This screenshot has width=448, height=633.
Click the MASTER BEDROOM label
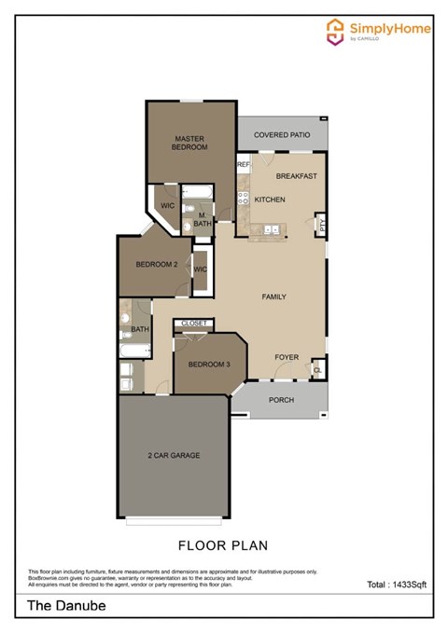coord(189,143)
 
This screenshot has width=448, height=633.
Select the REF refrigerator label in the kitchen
coord(243,165)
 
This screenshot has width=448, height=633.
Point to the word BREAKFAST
coord(298,176)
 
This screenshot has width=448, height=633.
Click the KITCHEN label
coord(270,200)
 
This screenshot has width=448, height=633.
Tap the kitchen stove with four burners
coord(242,199)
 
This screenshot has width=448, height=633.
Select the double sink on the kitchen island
coord(272,227)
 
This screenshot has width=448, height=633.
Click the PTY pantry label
coord(322,224)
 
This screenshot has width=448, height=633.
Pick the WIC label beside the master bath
coord(169,205)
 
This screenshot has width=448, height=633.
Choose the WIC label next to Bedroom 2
coord(201,269)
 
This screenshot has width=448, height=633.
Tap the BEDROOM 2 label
coord(157,265)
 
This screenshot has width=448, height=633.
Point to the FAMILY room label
coord(273,296)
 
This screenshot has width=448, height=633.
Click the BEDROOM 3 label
coord(208,364)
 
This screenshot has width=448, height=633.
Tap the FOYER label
coord(287,357)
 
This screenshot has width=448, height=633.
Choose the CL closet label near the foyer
coord(318,370)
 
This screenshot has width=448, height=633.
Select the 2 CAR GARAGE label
coord(174,455)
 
